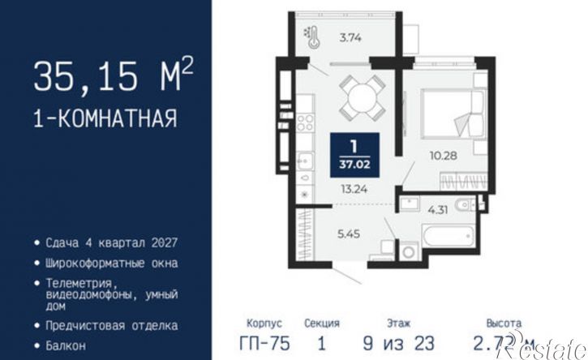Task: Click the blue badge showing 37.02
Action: [354, 154]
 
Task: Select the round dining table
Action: [358, 96]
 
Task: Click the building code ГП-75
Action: [264, 343]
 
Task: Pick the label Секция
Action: [322, 322]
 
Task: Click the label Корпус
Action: [263, 322]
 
